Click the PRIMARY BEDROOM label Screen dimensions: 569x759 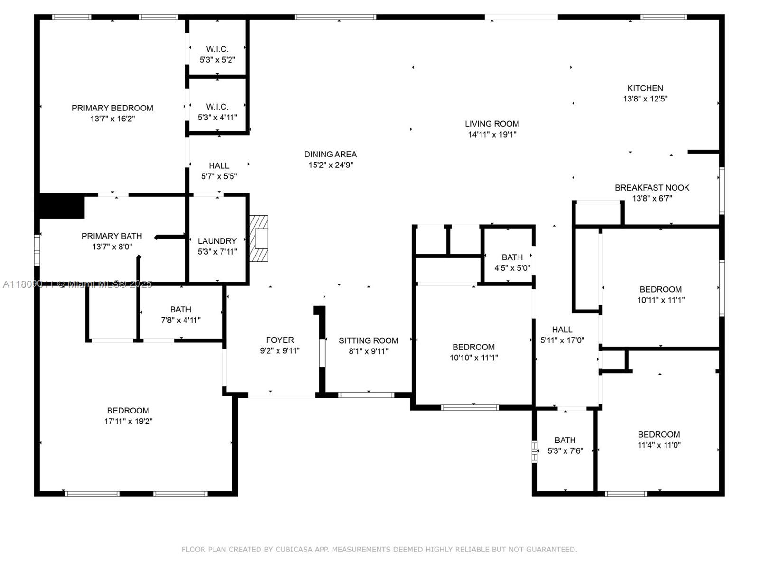pos(112,108)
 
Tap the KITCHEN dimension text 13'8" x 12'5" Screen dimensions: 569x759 pos(645,99)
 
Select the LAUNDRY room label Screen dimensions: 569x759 pos(217,241)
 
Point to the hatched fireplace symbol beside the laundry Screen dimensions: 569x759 pos(259,239)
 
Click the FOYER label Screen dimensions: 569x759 pos(280,340)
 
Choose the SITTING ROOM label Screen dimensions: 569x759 pos(368,340)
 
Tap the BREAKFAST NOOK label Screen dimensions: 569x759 pos(652,188)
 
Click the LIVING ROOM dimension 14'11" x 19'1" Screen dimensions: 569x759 pos(492,135)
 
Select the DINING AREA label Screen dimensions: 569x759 pos(330,154)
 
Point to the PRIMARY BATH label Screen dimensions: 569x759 pos(111,236)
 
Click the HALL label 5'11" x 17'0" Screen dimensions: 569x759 pos(562,330)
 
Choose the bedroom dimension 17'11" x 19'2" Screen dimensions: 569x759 pos(128,421)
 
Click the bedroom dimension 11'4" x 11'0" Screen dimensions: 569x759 pos(659,445)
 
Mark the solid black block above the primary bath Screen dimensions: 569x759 pos(61,206)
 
